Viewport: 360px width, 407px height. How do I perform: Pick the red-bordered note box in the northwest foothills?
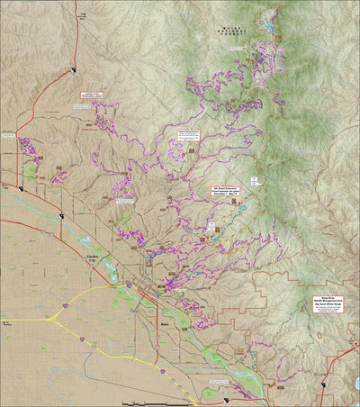pos(91,94)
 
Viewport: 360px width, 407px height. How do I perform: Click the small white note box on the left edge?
pos(9,136)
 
